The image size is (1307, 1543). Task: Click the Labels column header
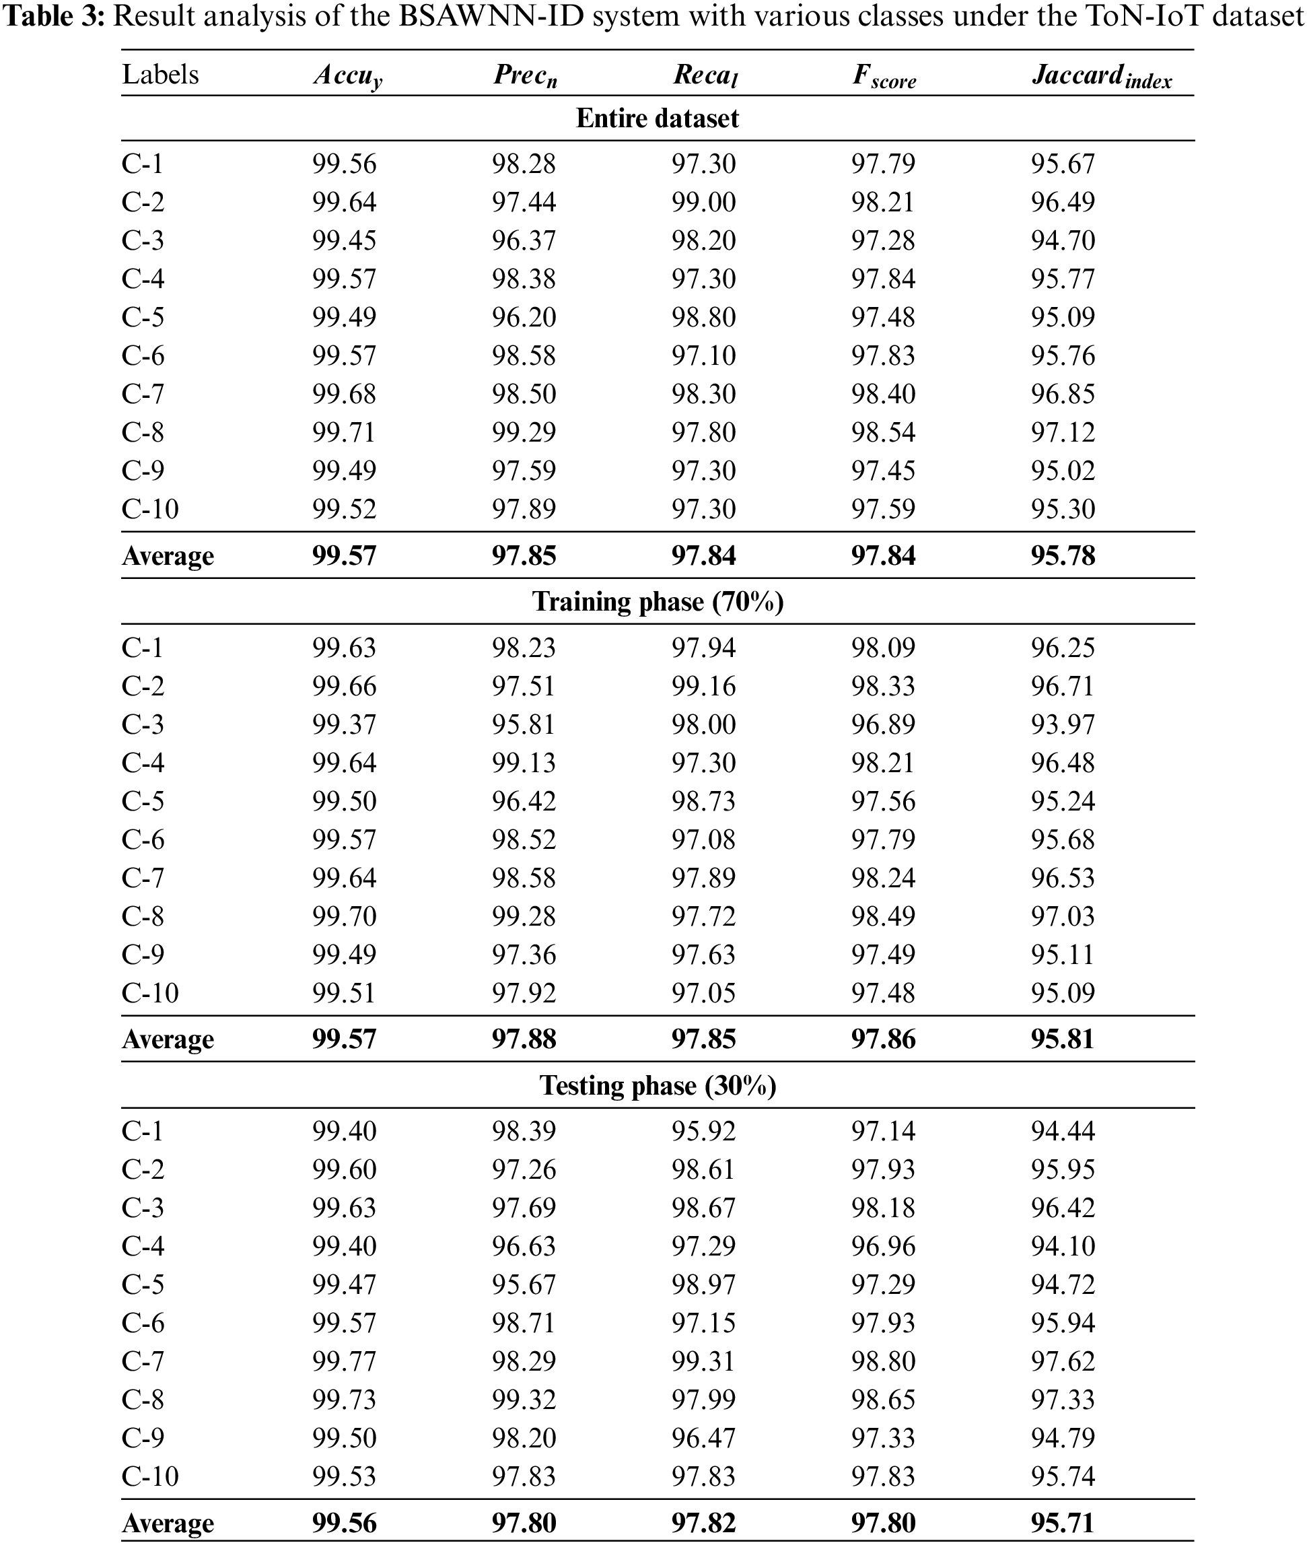pos(160,75)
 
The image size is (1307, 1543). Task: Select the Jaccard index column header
pos(1101,75)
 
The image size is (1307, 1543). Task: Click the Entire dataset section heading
pos(658,118)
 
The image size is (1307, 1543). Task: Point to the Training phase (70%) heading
pos(658,602)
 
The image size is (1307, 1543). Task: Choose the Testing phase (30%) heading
pos(658,1086)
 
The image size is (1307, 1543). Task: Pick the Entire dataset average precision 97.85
pos(524,556)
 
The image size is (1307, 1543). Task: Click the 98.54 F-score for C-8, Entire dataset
pos(883,432)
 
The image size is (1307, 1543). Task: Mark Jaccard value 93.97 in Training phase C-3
pos(1063,724)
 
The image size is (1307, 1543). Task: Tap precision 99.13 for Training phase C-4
pos(524,763)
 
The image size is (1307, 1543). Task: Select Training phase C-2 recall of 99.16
pos(703,685)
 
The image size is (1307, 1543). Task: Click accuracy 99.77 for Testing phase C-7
pos(344,1361)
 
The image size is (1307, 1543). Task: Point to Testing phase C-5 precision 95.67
pos(524,1284)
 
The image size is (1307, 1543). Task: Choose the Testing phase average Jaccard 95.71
pos(1063,1523)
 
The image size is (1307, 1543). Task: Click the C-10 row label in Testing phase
pos(149,1476)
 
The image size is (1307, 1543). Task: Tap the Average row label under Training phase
pos(168,1039)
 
